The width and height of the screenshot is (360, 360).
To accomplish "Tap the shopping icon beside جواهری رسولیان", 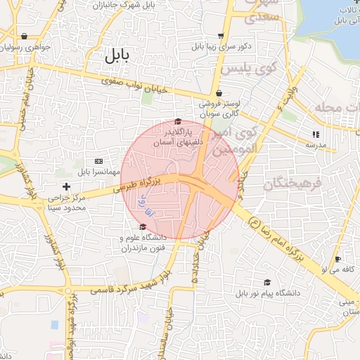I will tap(25, 36).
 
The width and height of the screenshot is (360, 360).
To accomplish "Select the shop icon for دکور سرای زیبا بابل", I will tap(221, 36).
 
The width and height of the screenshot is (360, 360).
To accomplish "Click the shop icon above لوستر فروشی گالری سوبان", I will tap(219, 93).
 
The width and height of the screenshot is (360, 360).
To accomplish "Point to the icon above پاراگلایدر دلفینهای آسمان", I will tap(177, 121).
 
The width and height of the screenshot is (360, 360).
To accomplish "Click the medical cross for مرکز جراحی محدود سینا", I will tap(67, 186).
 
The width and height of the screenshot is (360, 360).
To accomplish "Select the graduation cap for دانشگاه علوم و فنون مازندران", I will tap(143, 226).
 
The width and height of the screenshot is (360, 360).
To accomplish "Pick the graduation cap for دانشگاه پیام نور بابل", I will tap(266, 281).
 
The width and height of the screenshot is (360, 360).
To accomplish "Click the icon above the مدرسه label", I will tap(316, 134).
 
